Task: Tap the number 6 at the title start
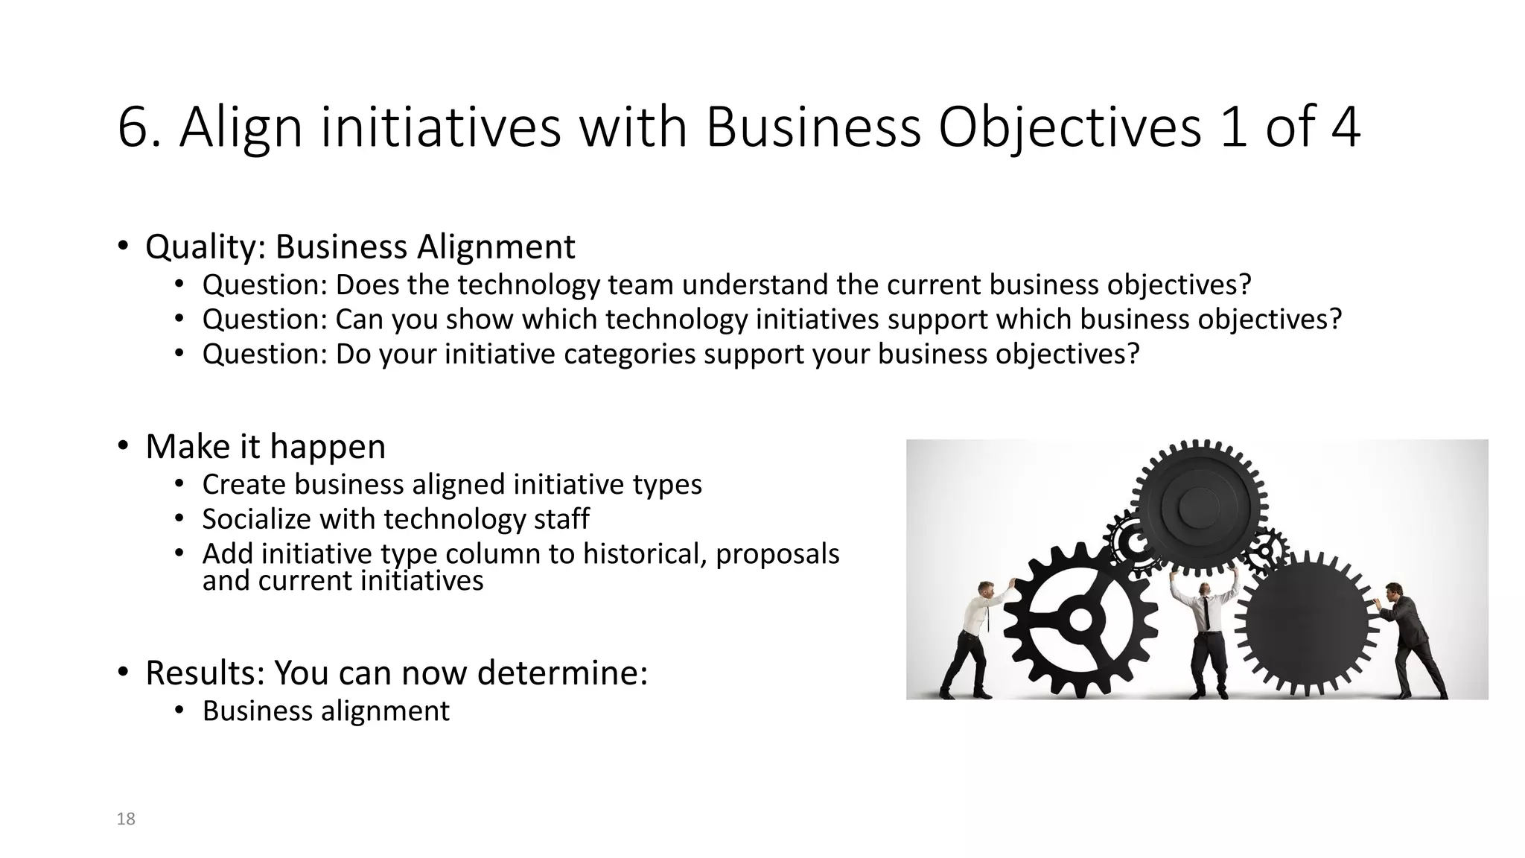pos(133,128)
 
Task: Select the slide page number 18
pos(126,819)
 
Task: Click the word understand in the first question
pos(753,285)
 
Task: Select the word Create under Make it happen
pos(243,485)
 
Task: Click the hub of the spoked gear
pos(1080,620)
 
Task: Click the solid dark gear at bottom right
pos(1307,626)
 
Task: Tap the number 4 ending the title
pos(1345,128)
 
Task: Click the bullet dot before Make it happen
pos(122,446)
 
